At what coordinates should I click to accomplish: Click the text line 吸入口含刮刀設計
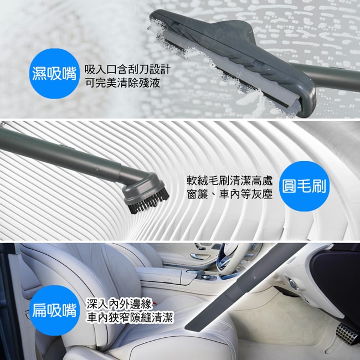pyautogui.click(x=127, y=70)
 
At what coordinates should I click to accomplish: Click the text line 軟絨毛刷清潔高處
pyautogui.click(x=229, y=181)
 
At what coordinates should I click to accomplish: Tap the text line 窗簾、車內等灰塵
pyautogui.click(x=229, y=194)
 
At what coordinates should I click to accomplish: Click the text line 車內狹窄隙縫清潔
pyautogui.click(x=130, y=317)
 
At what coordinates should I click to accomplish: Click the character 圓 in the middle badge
pyautogui.click(x=291, y=187)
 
